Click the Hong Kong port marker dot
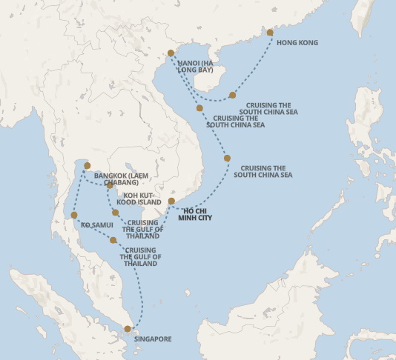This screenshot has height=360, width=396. click(x=270, y=33)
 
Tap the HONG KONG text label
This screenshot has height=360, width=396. click(x=297, y=43)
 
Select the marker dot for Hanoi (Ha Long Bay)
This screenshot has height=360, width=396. click(x=171, y=53)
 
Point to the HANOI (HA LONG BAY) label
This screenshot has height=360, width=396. click(x=195, y=67)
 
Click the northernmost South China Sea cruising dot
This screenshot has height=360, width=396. click(x=232, y=95)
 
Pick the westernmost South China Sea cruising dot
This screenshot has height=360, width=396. click(x=199, y=108)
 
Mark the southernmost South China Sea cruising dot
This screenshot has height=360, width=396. click(x=227, y=159)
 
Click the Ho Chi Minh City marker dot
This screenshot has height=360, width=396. click(x=171, y=201)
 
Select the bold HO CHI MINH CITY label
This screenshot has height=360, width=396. click(x=197, y=214)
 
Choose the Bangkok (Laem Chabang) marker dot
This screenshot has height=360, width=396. click(x=88, y=166)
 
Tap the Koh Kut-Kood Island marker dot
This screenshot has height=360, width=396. click(x=110, y=185)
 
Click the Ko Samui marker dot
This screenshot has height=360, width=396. click(x=74, y=216)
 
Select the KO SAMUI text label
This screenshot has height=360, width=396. click(x=96, y=222)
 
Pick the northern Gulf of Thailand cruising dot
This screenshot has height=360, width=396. click(x=115, y=213)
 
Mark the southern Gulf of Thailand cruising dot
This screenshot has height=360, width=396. click(x=113, y=240)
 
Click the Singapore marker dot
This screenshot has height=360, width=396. click(x=128, y=328)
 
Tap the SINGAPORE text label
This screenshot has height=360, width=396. click(x=153, y=339)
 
